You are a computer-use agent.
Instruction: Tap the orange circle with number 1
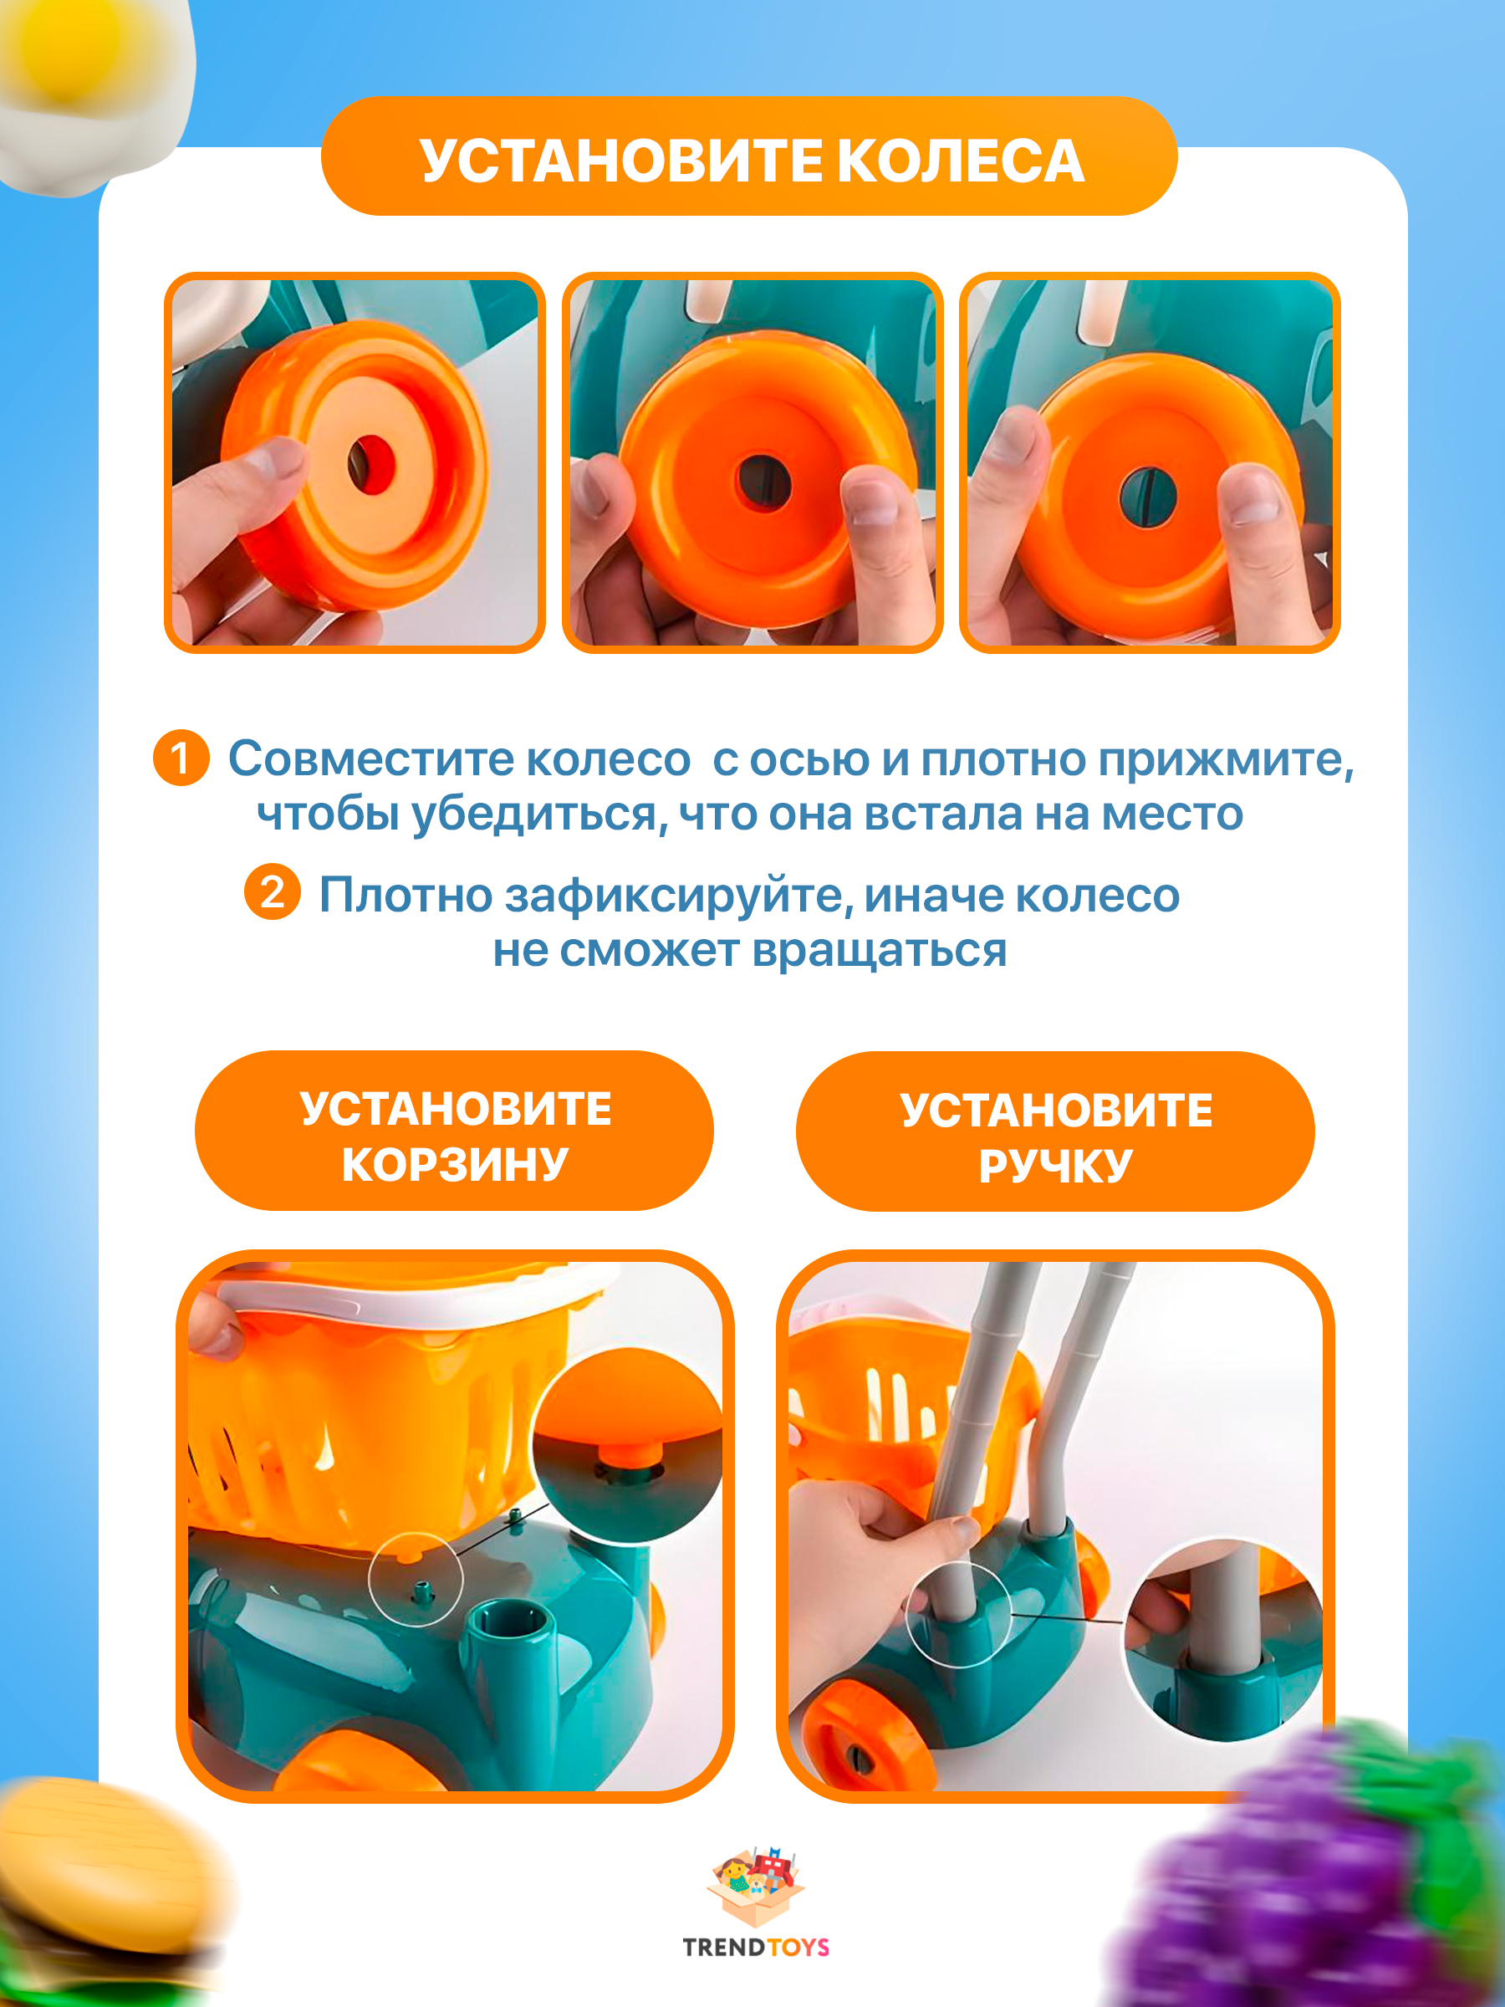point(181,758)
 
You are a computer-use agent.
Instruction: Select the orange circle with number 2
point(272,892)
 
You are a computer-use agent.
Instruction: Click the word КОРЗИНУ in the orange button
point(455,1164)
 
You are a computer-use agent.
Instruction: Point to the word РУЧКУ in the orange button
point(1055,1166)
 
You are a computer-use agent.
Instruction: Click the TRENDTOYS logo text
point(756,1947)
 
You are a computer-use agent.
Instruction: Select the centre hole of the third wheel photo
point(1148,498)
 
